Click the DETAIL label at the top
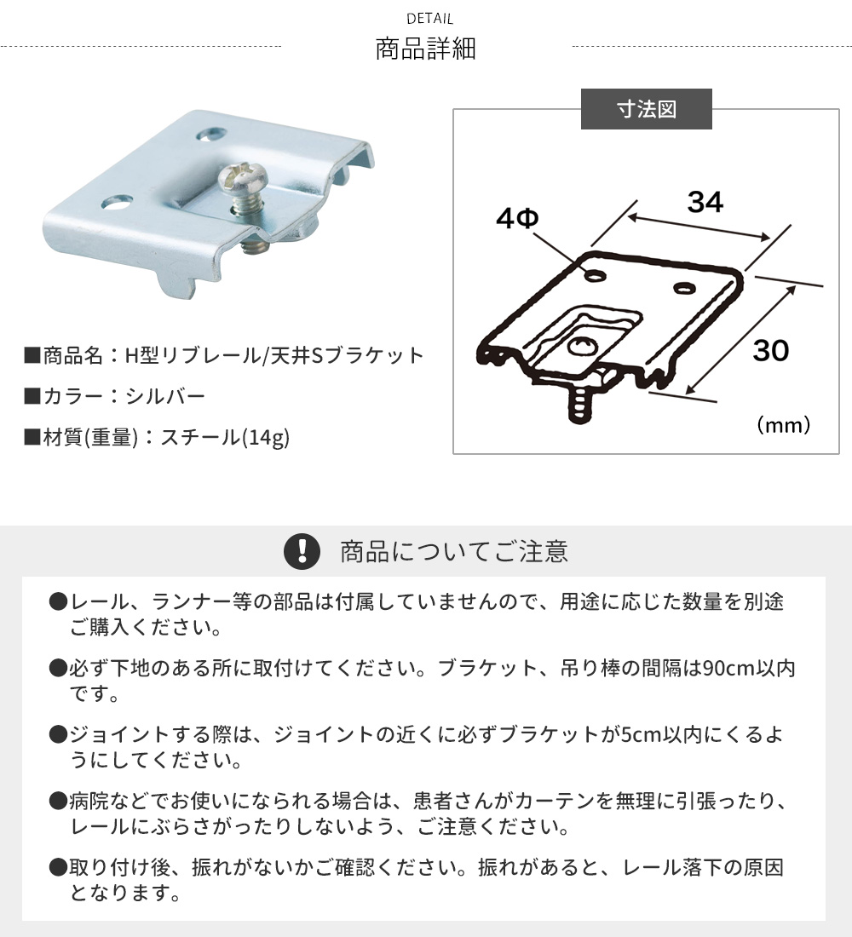(x=430, y=19)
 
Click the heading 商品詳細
(x=426, y=49)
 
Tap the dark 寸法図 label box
(x=647, y=109)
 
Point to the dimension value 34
(x=705, y=202)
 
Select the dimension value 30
(x=771, y=351)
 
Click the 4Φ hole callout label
(x=517, y=218)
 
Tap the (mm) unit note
(x=783, y=425)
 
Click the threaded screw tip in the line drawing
(x=579, y=406)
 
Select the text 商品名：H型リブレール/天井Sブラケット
(x=224, y=355)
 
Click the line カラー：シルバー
(x=115, y=396)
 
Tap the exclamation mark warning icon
(x=302, y=551)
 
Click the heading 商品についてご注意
(x=454, y=552)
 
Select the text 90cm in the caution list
(x=728, y=668)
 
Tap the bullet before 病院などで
(x=58, y=801)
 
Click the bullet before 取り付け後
(x=58, y=867)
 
